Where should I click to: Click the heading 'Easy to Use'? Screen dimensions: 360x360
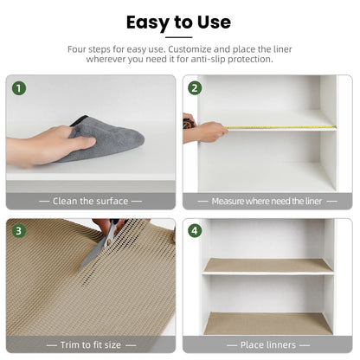pos(179,22)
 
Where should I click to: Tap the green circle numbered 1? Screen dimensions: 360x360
pos(19,88)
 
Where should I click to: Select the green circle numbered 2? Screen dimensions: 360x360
pos(196,88)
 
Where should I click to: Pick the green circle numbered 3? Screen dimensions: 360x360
pos(19,231)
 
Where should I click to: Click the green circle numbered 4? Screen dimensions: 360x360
pos(196,231)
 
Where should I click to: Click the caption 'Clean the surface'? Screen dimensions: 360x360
pos(91,201)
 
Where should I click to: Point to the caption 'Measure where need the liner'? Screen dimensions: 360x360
pos(267,201)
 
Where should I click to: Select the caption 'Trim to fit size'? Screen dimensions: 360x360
pos(91,344)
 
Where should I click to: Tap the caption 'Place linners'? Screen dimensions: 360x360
pos(267,344)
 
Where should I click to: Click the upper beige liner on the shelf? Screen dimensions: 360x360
pos(267,265)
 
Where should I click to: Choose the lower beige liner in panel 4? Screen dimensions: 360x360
pos(267,323)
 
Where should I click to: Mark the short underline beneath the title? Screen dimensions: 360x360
pos(179,37)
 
